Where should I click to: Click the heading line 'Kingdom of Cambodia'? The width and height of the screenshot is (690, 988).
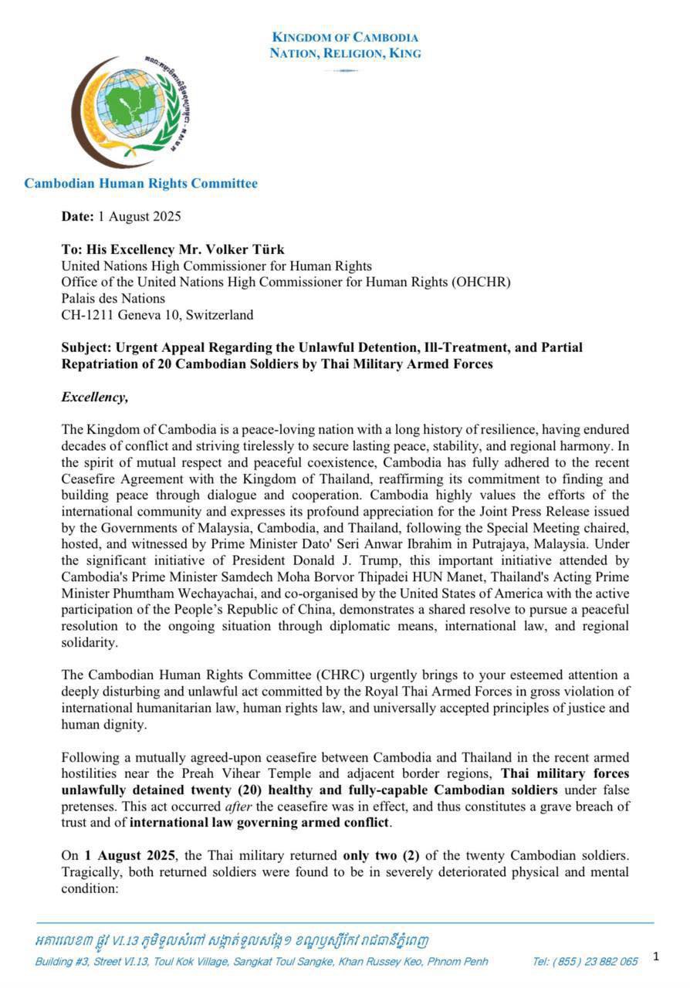click(x=345, y=38)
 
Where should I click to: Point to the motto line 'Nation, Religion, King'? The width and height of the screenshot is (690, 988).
click(x=345, y=53)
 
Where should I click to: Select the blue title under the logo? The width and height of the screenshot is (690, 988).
click(x=140, y=184)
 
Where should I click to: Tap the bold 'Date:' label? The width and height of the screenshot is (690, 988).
click(x=78, y=216)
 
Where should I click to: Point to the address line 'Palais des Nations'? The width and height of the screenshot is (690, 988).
click(x=113, y=299)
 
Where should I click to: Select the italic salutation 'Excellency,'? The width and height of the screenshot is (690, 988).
click(x=94, y=397)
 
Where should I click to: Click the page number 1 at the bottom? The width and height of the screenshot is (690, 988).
click(x=656, y=957)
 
